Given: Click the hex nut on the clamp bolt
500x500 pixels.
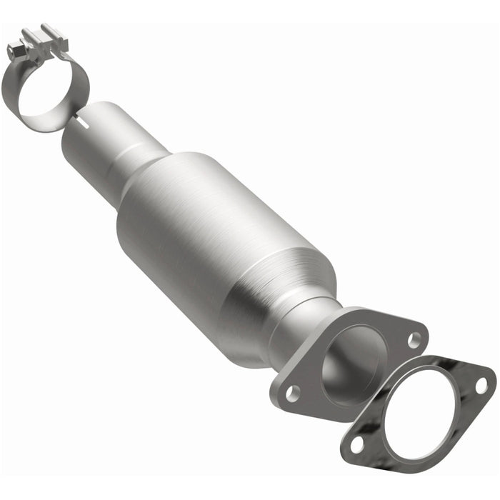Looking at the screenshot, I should click(15, 51).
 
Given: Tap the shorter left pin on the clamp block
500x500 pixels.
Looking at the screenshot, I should click(29, 34).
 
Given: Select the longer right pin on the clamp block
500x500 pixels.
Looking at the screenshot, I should click(50, 30).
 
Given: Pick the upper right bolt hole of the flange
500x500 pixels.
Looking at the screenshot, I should click(413, 341).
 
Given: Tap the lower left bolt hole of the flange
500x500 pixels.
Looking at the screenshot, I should click(291, 391).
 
